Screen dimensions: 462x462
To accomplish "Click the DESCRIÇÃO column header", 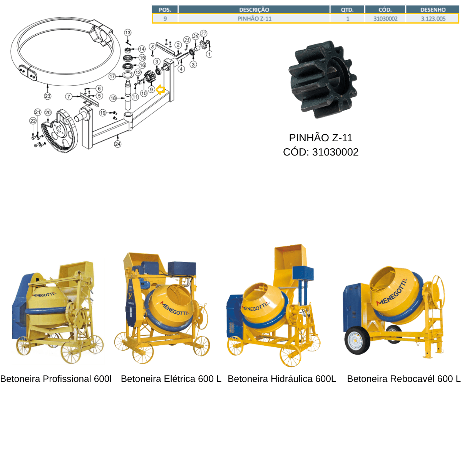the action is click(x=254, y=10).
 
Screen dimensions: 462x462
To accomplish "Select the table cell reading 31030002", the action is click(x=385, y=18).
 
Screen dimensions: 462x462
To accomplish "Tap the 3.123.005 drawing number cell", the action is click(x=433, y=18).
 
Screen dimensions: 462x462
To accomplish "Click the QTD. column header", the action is click(x=347, y=10).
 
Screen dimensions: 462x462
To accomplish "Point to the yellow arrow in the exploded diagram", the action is click(x=161, y=90).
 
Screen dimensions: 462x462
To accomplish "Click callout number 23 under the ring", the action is click(x=47, y=96).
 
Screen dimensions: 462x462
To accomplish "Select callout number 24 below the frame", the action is click(x=118, y=144).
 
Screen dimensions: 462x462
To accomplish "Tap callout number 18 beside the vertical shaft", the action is click(x=113, y=98).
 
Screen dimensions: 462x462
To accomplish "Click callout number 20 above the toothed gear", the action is click(x=48, y=112).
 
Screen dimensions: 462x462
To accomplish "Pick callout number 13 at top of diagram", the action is click(x=128, y=33).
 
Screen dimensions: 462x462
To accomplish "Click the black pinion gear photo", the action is click(x=323, y=80).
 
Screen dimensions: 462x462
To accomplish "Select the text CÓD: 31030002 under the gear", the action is click(x=321, y=152).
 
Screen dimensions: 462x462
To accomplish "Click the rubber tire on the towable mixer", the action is click(x=357, y=340).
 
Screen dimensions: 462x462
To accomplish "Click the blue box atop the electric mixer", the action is click(x=182, y=268).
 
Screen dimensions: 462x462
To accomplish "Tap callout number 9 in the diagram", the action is click(x=151, y=89).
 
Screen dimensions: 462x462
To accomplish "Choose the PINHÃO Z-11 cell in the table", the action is click(x=254, y=18).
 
